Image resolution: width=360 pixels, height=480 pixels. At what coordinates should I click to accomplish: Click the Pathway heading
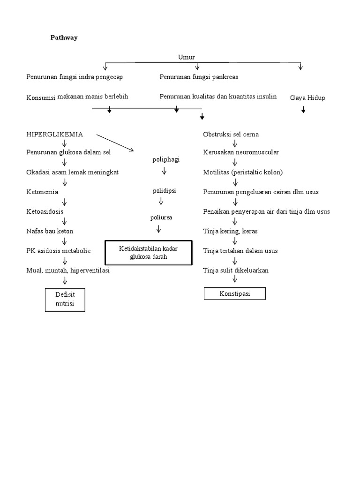pyautogui.click(x=64, y=38)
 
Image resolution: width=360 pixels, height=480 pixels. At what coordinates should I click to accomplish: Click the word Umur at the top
pyautogui.click(x=186, y=57)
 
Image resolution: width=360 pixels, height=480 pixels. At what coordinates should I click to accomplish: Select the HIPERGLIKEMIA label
pyautogui.click(x=55, y=134)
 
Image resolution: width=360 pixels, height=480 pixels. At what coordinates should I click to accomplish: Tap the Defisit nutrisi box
pyautogui.click(x=65, y=300)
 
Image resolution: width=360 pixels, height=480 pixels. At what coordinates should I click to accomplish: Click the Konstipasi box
pyautogui.click(x=235, y=293)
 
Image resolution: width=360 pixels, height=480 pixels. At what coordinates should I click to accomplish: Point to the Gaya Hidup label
pyautogui.click(x=307, y=97)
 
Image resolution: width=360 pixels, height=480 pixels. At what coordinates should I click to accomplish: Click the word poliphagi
pyautogui.click(x=166, y=159)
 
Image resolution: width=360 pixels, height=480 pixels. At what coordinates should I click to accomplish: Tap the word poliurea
pyautogui.click(x=161, y=217)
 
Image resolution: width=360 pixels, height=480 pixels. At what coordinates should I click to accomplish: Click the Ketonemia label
pyautogui.click(x=42, y=192)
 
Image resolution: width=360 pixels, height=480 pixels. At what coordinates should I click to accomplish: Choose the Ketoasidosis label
pyautogui.click(x=45, y=211)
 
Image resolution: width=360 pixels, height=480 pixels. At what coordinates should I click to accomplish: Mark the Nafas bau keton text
pyautogui.click(x=50, y=231)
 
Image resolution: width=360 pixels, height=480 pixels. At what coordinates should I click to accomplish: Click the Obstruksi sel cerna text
pyautogui.click(x=231, y=135)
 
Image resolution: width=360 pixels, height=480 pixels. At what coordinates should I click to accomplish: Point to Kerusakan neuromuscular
pyautogui.click(x=241, y=152)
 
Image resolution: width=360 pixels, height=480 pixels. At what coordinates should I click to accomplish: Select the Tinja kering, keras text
pyautogui.click(x=230, y=231)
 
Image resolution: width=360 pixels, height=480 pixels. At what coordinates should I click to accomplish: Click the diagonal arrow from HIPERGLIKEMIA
pyautogui.click(x=115, y=142)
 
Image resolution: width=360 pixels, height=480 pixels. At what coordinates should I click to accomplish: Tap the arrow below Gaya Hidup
pyautogui.click(x=303, y=110)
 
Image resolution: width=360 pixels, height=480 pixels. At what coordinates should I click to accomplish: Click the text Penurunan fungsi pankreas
pyautogui.click(x=202, y=76)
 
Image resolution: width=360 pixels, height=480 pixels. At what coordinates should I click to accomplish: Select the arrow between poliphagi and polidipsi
pyautogui.click(x=164, y=172)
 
